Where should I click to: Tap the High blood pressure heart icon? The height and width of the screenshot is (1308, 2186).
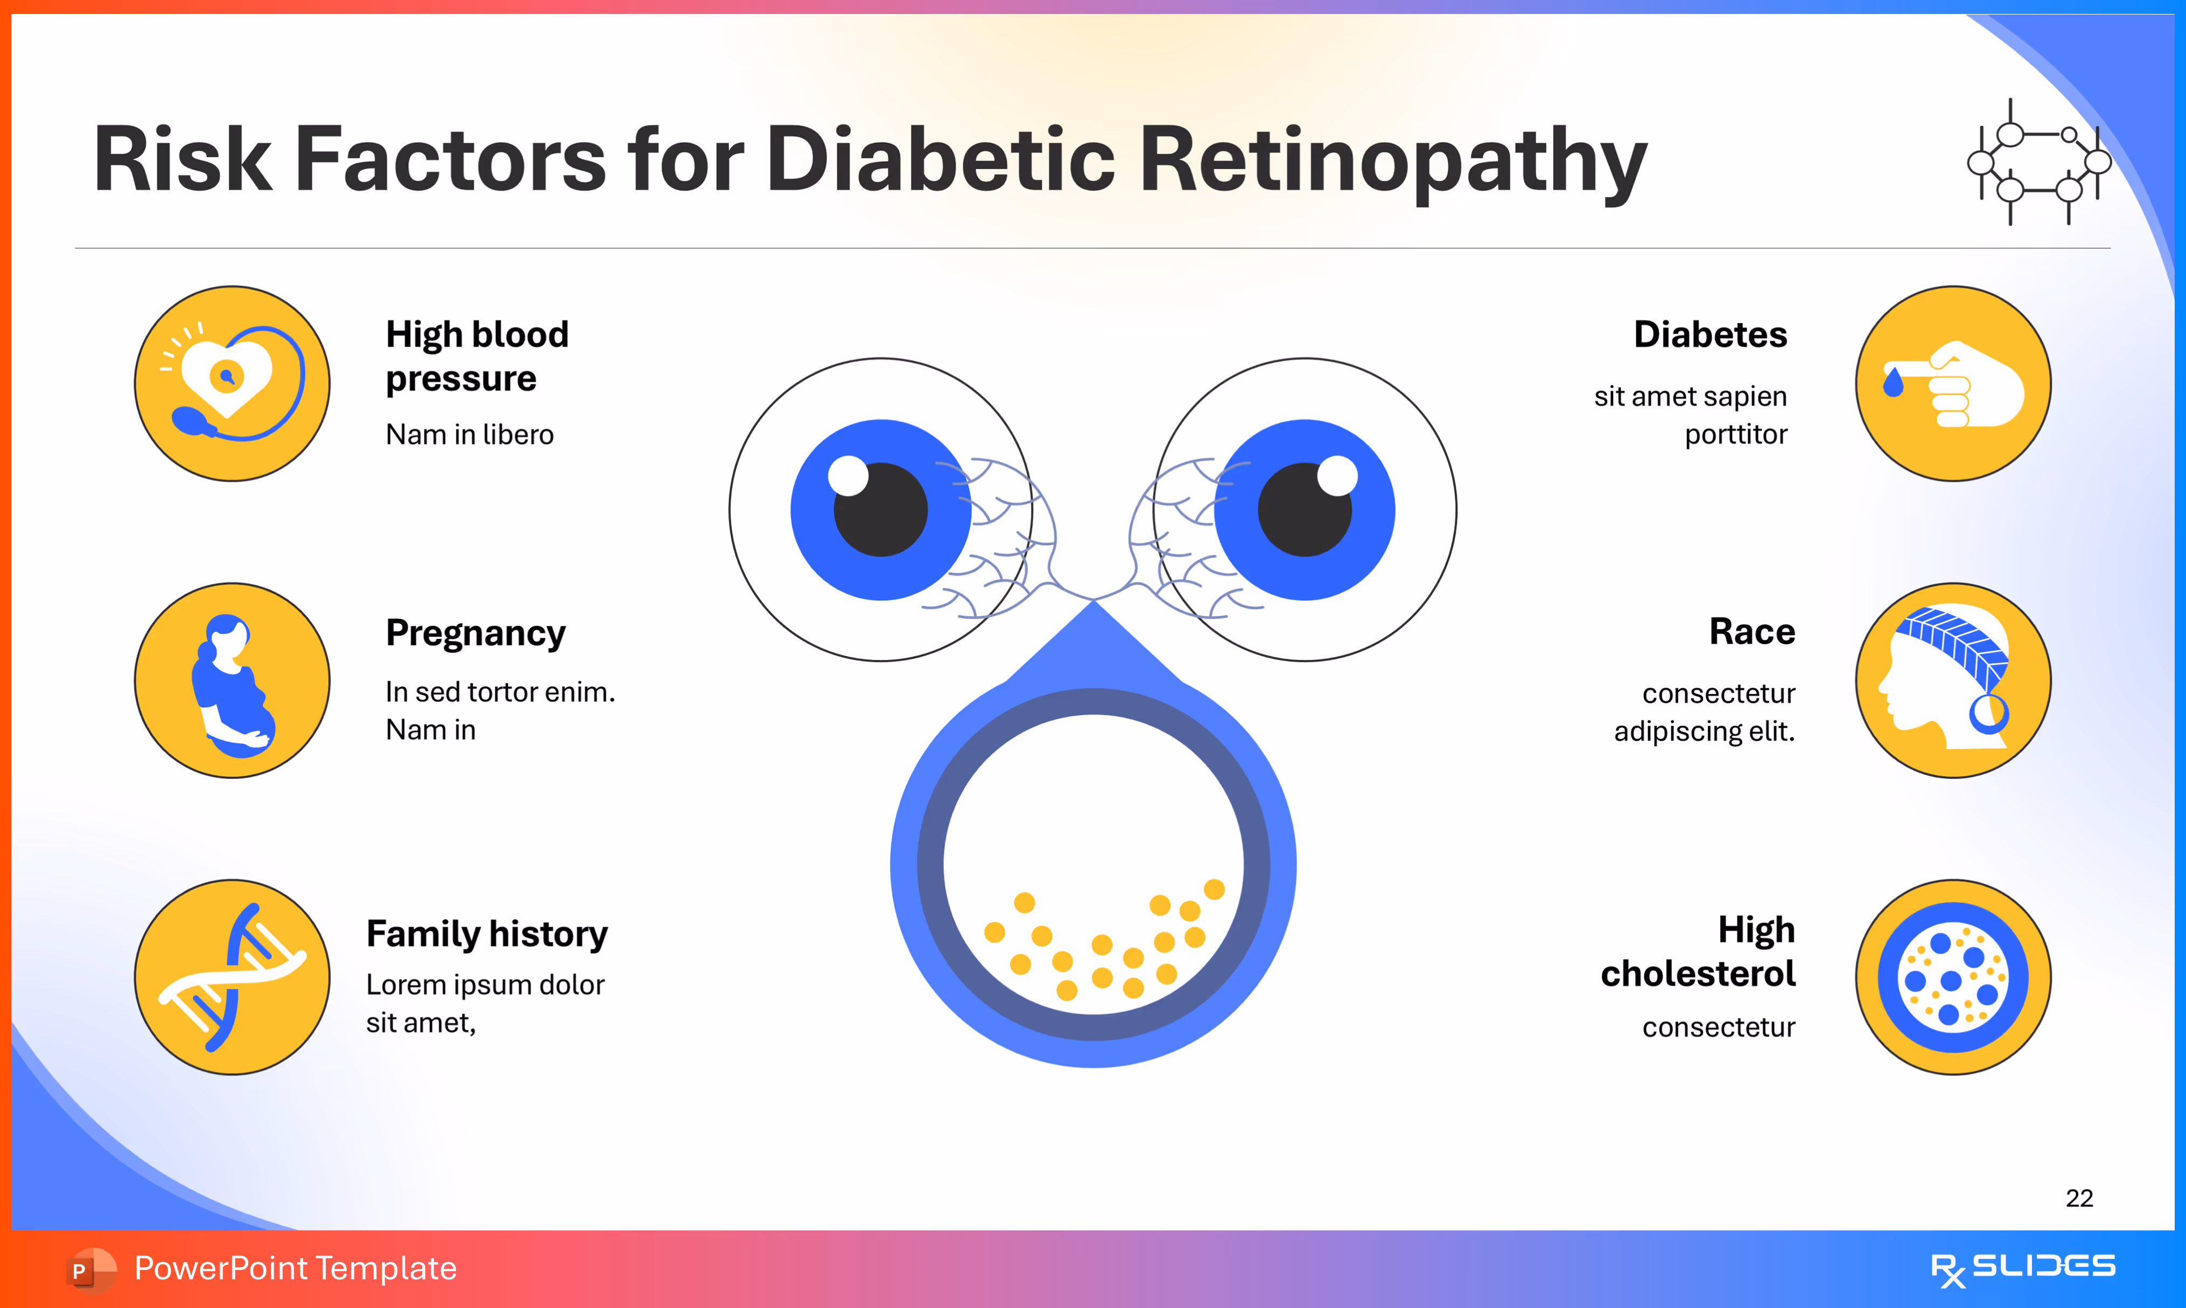click(x=232, y=383)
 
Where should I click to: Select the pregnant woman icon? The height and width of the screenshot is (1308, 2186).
click(x=232, y=680)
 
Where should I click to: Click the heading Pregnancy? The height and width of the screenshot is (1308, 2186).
click(x=475, y=633)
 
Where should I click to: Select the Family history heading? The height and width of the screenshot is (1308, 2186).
click(x=487, y=933)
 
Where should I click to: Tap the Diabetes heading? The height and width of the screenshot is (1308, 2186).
click(x=1710, y=335)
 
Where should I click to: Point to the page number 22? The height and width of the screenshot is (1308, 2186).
click(x=2078, y=1198)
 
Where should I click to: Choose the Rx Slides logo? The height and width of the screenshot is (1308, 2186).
click(x=2022, y=1268)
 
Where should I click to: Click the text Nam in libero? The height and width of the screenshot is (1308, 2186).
click(x=469, y=434)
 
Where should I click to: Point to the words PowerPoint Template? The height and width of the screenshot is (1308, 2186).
click(x=295, y=1268)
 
